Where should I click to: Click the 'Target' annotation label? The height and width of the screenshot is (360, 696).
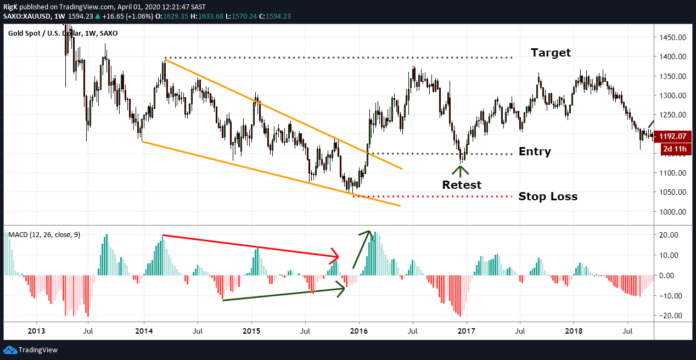551,53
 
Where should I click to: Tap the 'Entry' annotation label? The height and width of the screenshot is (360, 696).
534,152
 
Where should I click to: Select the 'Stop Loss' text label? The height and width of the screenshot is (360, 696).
548,196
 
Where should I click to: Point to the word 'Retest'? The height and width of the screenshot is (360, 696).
462,185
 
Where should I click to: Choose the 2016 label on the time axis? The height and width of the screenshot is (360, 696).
359,331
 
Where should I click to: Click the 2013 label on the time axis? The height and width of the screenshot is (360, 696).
36,331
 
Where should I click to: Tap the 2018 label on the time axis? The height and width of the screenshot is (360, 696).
574,331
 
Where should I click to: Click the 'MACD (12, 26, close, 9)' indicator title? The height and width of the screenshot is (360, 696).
44,235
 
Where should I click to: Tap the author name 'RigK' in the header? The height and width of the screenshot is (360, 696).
10,6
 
